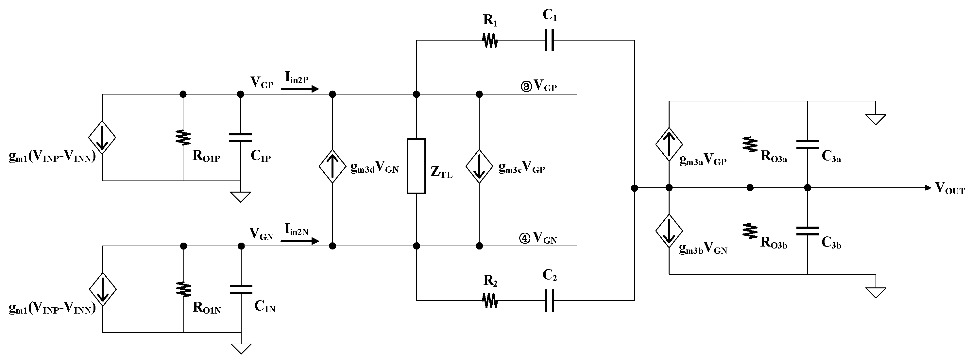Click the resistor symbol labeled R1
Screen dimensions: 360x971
point(490,40)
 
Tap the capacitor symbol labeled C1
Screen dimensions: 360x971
point(549,40)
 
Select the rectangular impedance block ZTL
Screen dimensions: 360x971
point(417,166)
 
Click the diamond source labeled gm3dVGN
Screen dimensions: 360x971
point(332,166)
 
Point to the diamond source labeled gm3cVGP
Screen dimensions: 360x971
point(479,166)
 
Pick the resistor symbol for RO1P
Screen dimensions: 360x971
point(183,138)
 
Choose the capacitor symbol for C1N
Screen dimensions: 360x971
point(241,289)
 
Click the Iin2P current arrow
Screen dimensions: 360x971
point(300,89)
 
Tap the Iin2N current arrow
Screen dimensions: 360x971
point(300,241)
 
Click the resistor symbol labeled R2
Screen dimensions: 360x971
point(490,300)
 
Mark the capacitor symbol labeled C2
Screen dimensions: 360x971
point(549,300)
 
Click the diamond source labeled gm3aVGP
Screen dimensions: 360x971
point(669,145)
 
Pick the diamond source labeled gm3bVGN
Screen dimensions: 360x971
point(669,231)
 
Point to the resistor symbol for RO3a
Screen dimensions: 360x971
point(750,145)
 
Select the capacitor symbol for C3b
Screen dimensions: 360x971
point(808,231)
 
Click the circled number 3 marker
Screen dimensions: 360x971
point(526,87)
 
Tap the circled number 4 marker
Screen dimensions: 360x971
point(525,239)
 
